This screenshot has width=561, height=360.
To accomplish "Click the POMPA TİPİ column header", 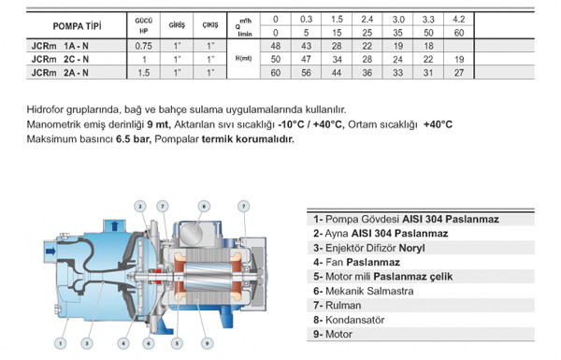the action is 77,26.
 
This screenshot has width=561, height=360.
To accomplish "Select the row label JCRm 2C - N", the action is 60,59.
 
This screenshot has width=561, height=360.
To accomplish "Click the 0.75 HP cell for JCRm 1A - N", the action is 143,46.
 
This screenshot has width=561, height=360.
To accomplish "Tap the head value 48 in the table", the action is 276,46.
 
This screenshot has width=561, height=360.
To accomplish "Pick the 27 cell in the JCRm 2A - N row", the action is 459,73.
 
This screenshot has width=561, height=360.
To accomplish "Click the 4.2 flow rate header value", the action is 459,19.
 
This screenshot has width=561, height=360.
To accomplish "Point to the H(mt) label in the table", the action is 244,58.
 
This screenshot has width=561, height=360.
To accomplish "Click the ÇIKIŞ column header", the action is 210,25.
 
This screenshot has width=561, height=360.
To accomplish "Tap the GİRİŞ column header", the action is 177,25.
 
